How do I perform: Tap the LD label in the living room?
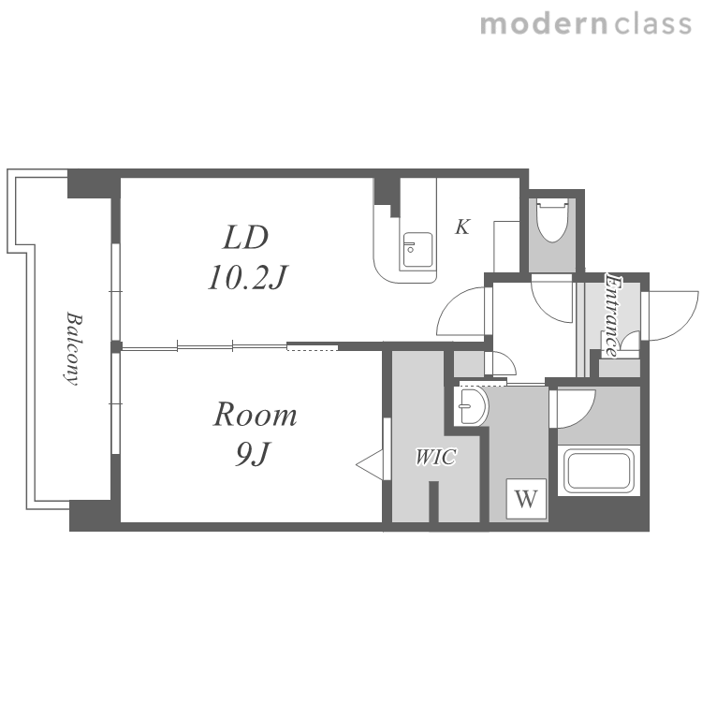tap(246, 238)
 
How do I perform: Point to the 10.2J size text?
tap(247, 277)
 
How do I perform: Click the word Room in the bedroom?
tap(255, 414)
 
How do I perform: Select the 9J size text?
tap(253, 454)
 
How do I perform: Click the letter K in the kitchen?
tap(462, 227)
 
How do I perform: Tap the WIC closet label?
tap(435, 457)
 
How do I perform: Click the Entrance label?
tap(613, 314)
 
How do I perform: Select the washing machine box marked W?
tap(526, 498)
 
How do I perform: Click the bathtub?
tap(599, 471)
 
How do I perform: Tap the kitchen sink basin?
tap(417, 250)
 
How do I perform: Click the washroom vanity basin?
tap(471, 406)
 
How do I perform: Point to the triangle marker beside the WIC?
tap(370, 465)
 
